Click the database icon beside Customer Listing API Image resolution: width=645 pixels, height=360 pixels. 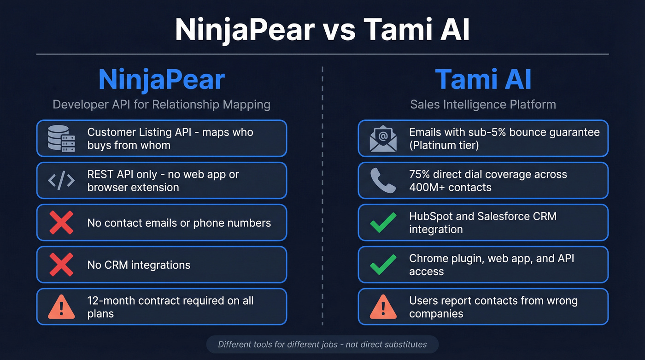click(x=61, y=138)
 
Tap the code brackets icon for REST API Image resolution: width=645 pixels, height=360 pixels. click(x=61, y=181)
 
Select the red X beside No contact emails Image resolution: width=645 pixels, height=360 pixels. click(x=61, y=223)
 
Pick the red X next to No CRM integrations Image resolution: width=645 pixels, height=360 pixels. click(x=61, y=265)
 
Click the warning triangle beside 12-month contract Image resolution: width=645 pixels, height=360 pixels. click(x=61, y=307)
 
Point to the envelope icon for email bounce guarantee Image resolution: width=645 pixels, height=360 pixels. click(x=383, y=138)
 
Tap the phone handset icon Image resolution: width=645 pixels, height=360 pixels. click(x=383, y=181)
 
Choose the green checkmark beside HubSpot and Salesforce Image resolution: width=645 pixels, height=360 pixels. click(x=383, y=223)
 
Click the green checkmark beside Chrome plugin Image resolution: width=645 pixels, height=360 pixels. click(x=383, y=265)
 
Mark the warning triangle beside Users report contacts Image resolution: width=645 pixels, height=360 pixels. click(x=383, y=307)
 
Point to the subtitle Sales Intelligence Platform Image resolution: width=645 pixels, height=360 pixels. click(x=483, y=105)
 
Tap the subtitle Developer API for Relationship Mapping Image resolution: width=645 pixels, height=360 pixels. click(x=161, y=105)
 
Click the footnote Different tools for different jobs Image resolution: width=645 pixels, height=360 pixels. click(x=322, y=344)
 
